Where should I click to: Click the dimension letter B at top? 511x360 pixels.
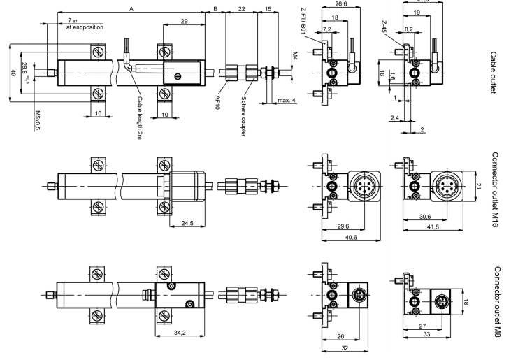point(215,8)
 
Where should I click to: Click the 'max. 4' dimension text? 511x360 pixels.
point(287,101)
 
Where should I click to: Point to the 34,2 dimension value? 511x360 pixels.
point(180,332)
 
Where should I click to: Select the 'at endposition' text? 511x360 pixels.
point(85,27)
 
